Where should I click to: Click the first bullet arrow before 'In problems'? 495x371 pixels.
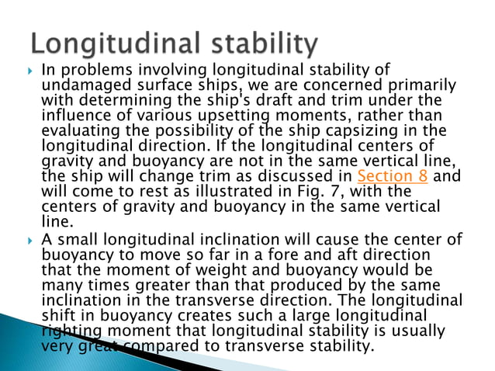(x=29, y=70)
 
